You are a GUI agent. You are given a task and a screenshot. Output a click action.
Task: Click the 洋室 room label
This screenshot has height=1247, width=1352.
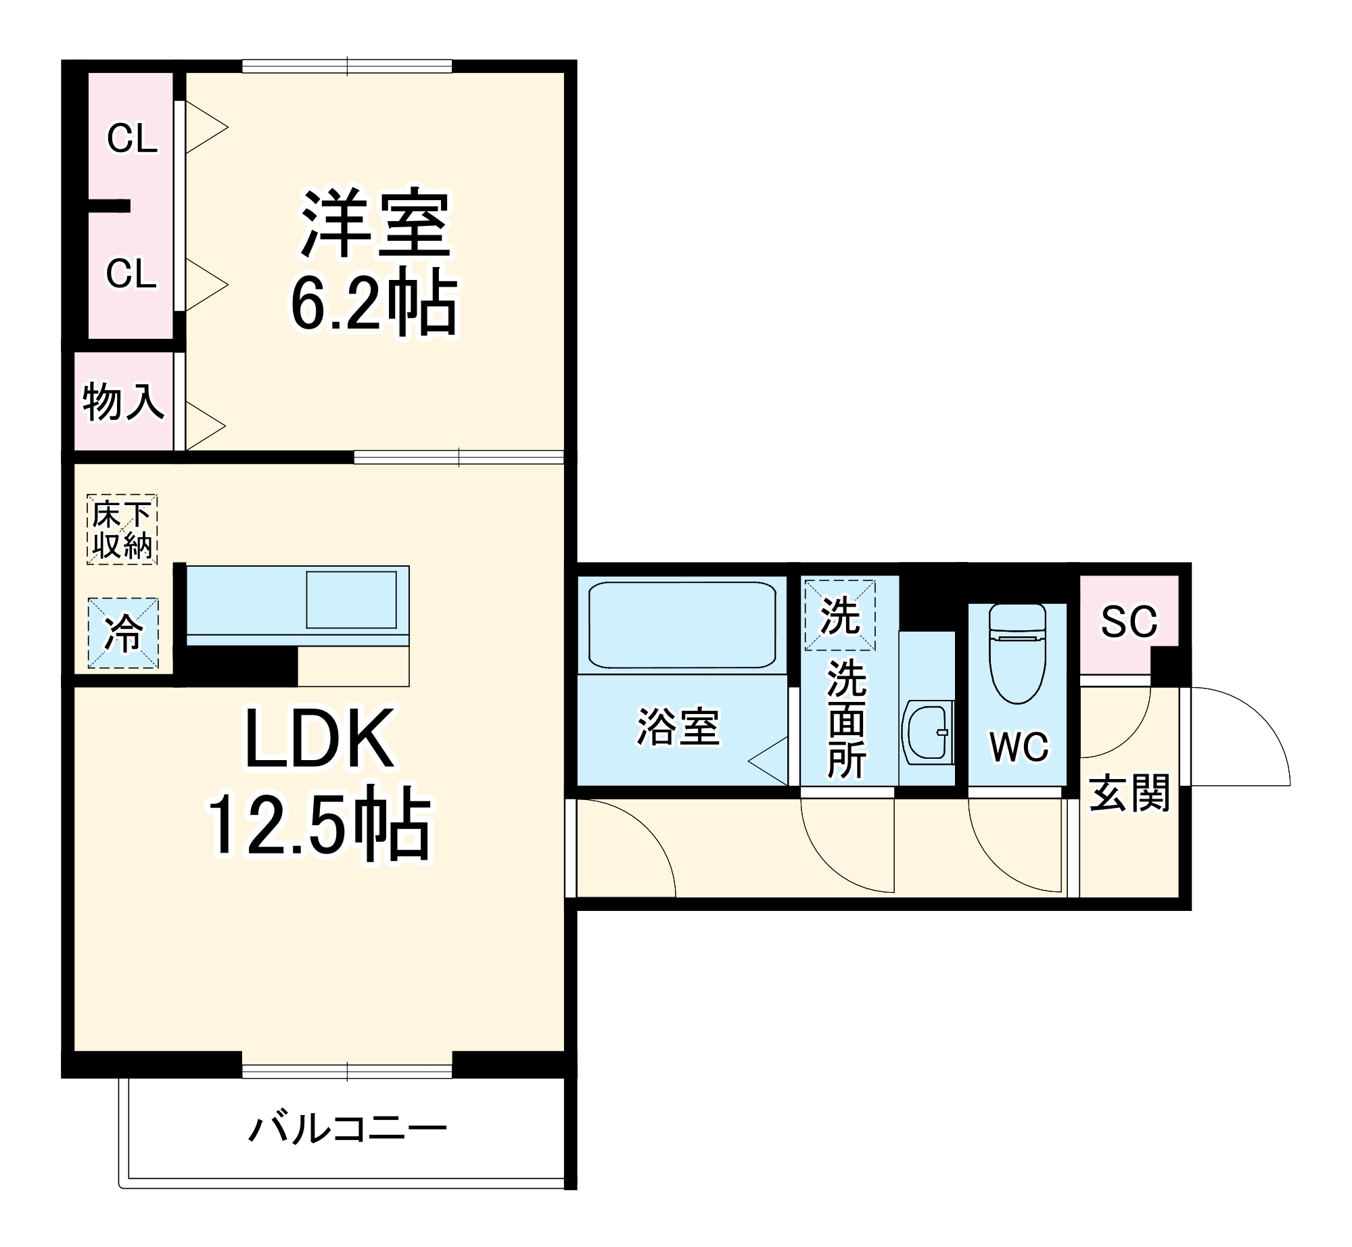pos(375,223)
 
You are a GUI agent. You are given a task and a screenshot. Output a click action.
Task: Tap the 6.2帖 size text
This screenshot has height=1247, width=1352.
pos(374,302)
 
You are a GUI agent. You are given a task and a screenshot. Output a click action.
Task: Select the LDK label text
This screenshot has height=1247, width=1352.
pos(319,739)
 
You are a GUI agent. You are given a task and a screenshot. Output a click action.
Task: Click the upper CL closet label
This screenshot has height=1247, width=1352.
pos(132,139)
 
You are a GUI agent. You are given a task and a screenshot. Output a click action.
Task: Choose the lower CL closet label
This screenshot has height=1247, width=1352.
pos(131,274)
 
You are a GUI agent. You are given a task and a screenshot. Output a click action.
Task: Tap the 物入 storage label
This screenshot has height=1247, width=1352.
pos(123,402)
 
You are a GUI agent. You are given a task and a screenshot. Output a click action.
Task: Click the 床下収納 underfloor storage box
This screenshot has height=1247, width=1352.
pos(122,530)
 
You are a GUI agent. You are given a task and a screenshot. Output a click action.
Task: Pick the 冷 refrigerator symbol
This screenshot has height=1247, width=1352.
pos(123,634)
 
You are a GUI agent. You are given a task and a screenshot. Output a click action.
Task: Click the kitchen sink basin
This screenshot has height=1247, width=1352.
pos(351,600)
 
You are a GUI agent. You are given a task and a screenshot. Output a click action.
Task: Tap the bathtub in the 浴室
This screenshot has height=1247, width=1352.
pos(682,625)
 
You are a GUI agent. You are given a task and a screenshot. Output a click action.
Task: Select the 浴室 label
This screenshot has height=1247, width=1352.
pos(678,728)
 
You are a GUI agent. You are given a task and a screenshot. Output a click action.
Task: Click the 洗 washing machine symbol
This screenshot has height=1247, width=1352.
pos(840,615)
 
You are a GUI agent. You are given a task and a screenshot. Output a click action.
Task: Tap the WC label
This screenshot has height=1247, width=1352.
pos(1019,747)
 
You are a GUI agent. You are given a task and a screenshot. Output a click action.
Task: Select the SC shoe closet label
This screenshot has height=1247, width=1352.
pos(1129,621)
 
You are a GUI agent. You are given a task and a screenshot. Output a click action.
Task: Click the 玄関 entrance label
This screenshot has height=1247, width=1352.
pos(1129,793)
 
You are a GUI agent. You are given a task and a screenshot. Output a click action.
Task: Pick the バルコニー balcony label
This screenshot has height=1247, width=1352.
pos(348,1129)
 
